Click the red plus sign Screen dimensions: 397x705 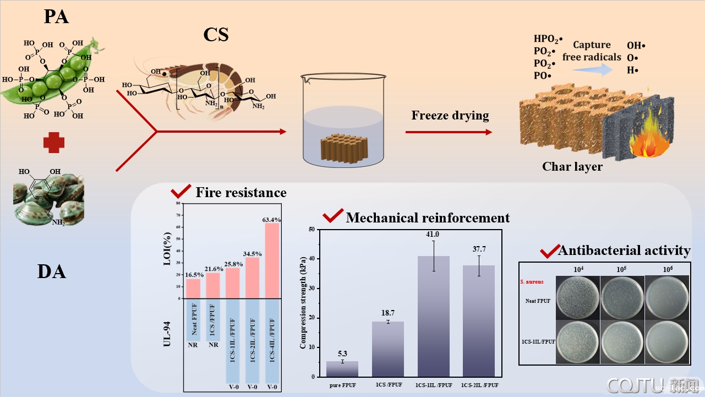(54, 142)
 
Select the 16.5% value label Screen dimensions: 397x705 (193, 274)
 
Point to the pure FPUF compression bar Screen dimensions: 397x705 (342, 369)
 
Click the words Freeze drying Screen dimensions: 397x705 (450, 116)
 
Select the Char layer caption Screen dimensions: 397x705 (572, 166)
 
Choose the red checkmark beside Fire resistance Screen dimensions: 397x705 (181, 192)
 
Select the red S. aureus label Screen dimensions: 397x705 (532, 281)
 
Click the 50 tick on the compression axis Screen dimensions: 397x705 (311, 229)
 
